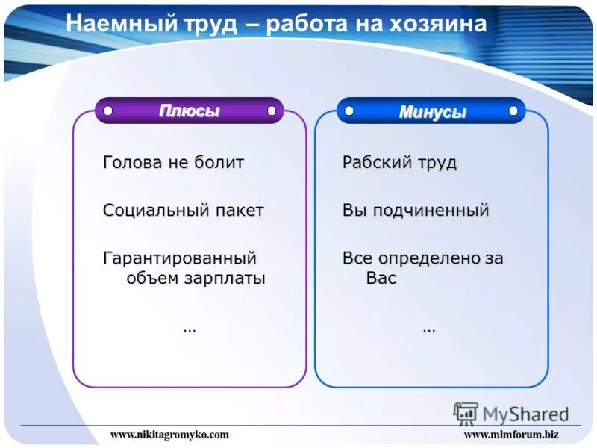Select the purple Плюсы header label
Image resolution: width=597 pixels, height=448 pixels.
point(189,111)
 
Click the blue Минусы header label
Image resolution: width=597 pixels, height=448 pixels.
point(432,112)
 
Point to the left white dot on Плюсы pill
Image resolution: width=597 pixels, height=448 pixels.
point(107,111)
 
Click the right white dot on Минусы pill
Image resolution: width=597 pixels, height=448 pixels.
point(513,111)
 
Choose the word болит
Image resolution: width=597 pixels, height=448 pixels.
point(220,163)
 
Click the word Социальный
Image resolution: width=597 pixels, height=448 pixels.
point(154,211)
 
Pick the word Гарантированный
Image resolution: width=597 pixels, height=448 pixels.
point(180,258)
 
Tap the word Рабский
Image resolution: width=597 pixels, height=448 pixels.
point(370,163)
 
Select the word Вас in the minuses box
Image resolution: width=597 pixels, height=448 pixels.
point(381,279)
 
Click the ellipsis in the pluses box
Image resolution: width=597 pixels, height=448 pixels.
point(190,328)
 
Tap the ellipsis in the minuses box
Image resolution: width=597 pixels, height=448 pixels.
point(429,328)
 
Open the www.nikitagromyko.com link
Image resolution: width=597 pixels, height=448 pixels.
point(169,434)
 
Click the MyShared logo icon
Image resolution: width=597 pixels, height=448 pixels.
point(466,413)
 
